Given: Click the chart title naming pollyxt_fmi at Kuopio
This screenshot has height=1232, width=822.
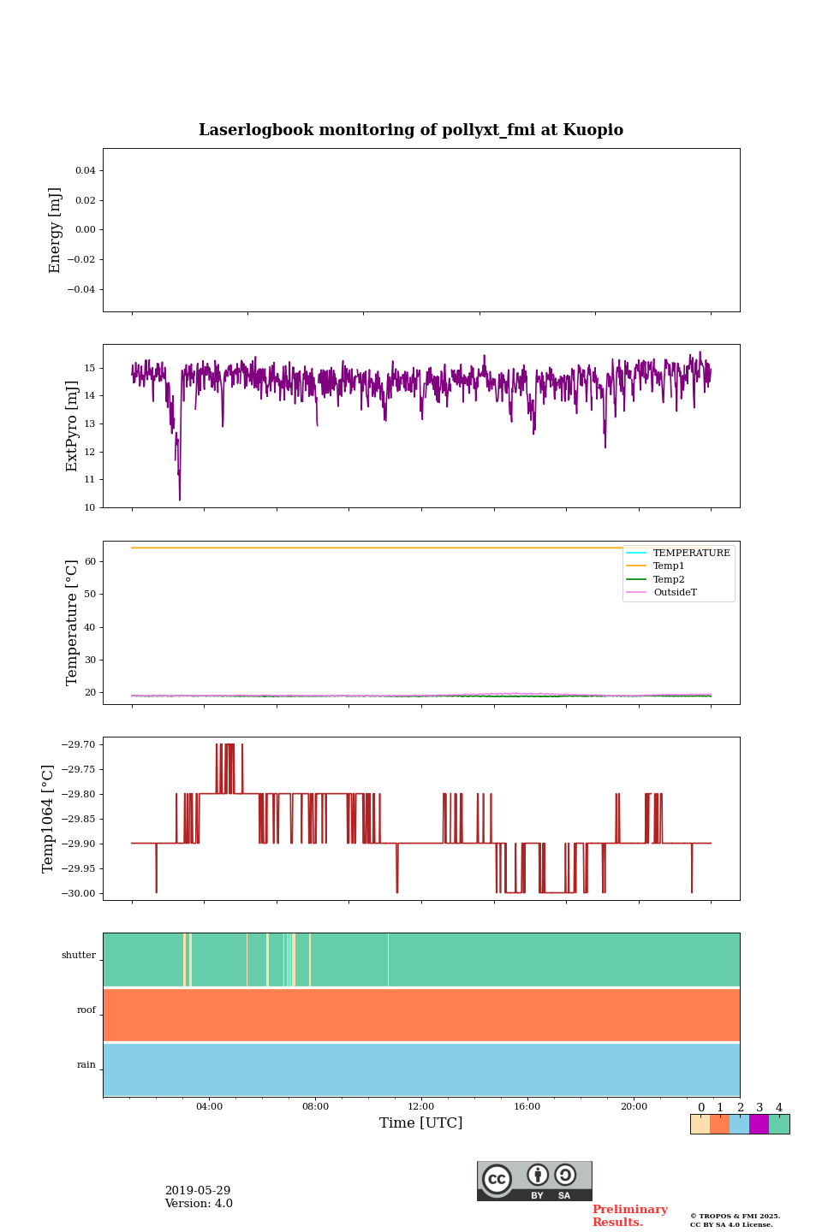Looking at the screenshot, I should (x=411, y=130).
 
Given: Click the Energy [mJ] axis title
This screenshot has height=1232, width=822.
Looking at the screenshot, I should (x=56, y=230).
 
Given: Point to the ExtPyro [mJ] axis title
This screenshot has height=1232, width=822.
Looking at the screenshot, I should (x=72, y=426).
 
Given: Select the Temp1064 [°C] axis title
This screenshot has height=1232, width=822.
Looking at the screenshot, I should (x=49, y=819).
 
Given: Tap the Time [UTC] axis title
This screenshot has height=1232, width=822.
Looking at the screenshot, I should (x=420, y=1123).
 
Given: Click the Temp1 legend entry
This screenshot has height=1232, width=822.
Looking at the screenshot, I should (x=669, y=566).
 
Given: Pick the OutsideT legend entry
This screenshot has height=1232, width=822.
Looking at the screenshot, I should (x=675, y=593).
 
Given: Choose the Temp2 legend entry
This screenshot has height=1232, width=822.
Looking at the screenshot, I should (x=669, y=579).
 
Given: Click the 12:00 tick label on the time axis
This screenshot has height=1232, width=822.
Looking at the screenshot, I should (x=420, y=1107).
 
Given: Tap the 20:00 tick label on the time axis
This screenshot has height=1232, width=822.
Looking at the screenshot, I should (x=634, y=1107).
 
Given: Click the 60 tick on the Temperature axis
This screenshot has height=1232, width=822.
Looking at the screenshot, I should (x=89, y=562).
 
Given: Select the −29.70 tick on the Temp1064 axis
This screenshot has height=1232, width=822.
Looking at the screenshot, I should (x=78, y=745).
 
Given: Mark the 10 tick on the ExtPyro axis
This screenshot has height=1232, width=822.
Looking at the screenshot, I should (x=89, y=507).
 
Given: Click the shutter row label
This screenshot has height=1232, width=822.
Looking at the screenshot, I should (x=79, y=956).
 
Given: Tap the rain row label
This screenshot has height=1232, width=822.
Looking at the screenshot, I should (x=86, y=1065).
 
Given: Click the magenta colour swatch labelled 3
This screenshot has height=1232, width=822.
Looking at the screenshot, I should (x=759, y=1124).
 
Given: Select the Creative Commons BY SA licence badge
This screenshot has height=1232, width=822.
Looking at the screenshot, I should (x=534, y=1181).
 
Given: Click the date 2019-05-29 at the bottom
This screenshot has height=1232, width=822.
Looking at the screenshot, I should (x=198, y=1191).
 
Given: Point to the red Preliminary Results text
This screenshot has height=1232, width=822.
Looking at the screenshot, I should (x=629, y=1216).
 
